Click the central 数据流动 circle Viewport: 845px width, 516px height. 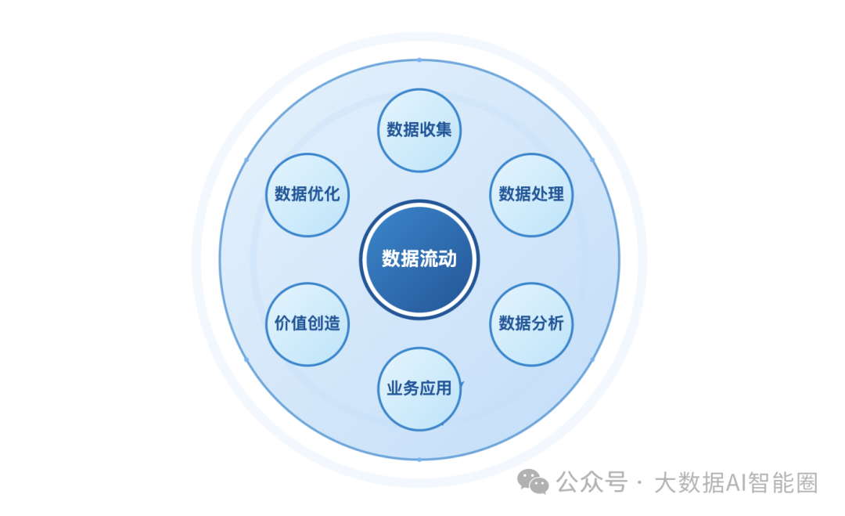[419, 258]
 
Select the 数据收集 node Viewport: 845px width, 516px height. [419, 130]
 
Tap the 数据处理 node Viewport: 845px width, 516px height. [531, 194]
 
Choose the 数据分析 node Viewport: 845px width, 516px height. [531, 323]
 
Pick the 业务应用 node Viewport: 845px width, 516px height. [419, 388]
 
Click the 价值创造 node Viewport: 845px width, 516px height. [307, 323]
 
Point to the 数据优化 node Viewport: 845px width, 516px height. [307, 194]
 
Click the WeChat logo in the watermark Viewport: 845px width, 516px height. [535, 482]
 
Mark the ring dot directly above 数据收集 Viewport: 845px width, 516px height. [419, 60]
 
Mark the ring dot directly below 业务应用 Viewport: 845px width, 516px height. [419, 459]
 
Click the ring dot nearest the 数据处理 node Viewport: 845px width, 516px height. [592, 160]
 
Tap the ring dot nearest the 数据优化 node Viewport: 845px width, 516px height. [246, 160]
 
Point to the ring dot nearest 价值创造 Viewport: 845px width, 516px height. [246, 359]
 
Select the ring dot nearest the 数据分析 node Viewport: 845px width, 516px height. [592, 359]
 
